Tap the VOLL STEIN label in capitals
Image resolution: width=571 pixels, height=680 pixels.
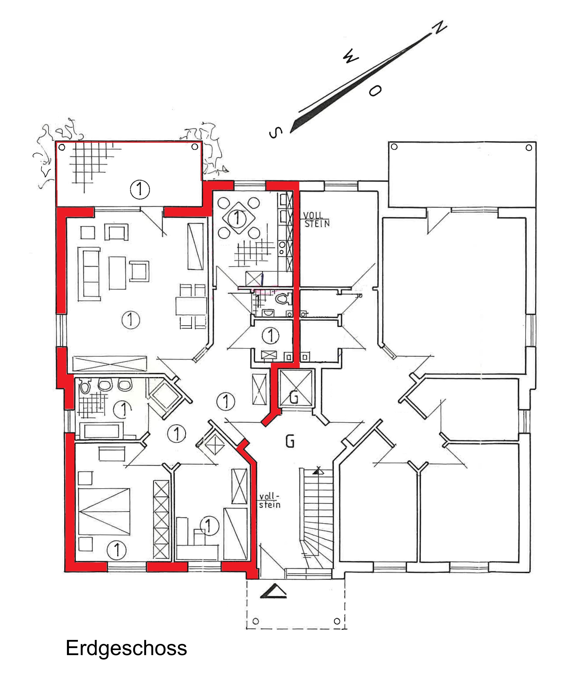[316, 220]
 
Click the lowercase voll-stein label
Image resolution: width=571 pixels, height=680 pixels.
[270, 500]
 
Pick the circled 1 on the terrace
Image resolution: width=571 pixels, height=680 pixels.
[140, 189]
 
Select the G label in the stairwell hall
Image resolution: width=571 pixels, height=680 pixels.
[290, 441]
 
